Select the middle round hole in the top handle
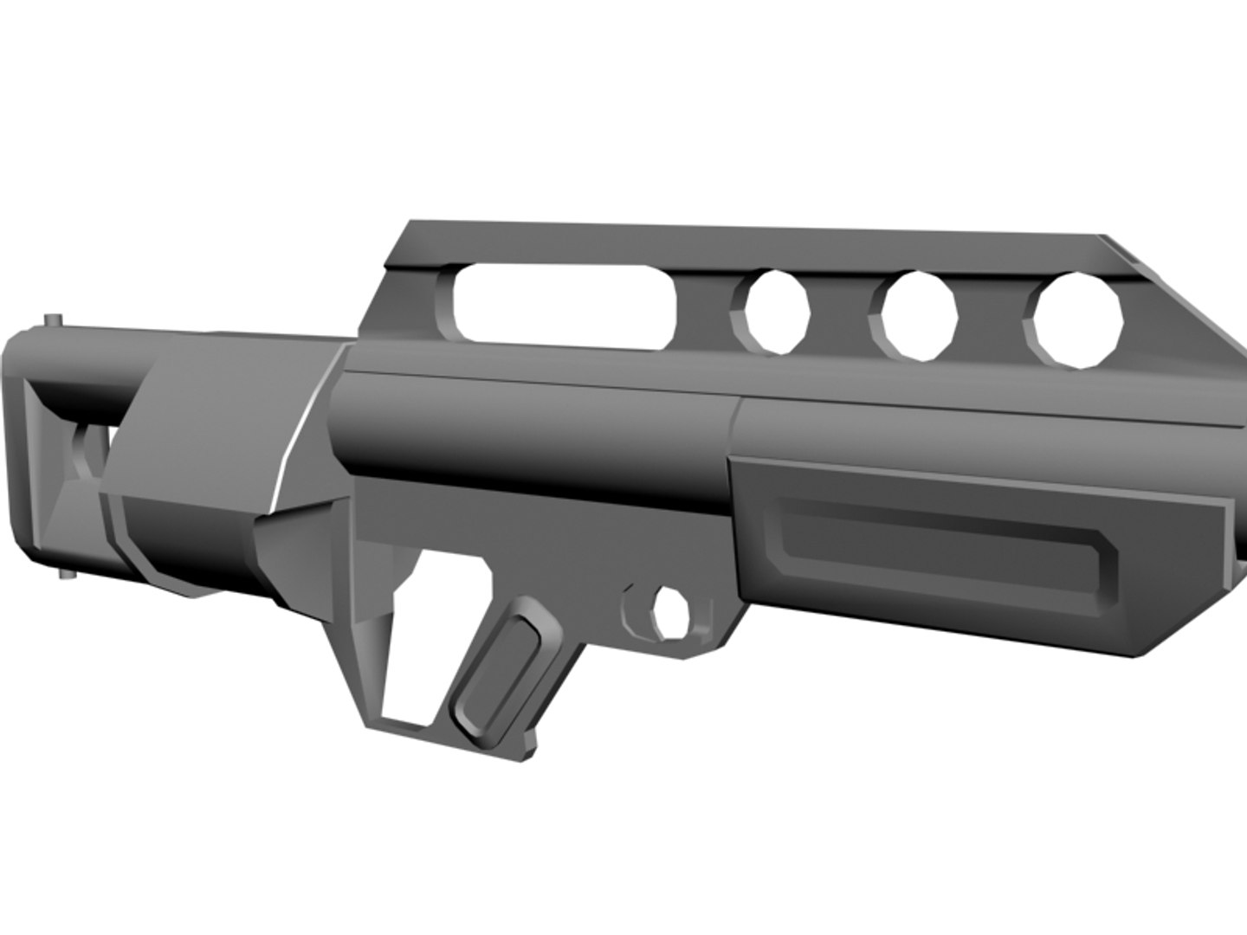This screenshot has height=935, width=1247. click(920, 315)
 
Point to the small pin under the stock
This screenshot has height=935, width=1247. click(66, 575)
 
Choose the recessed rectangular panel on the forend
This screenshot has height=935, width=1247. click(940, 550)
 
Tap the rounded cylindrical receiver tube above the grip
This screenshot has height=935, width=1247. click(537, 442)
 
